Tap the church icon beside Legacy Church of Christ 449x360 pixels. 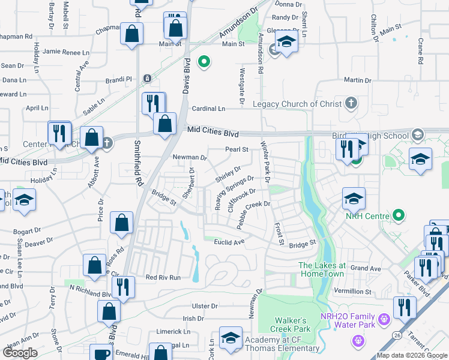click(351, 104)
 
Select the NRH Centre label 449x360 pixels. click(369, 215)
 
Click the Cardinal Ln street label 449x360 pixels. click(208, 109)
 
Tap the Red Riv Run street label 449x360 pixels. click(163, 277)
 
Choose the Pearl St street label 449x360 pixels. click(237, 149)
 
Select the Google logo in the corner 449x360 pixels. click(20, 353)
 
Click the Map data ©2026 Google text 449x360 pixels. click(411, 355)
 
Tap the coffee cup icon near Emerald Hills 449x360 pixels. click(104, 354)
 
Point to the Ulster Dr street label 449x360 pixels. click(205, 306)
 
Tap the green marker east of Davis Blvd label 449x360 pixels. click(204, 62)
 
